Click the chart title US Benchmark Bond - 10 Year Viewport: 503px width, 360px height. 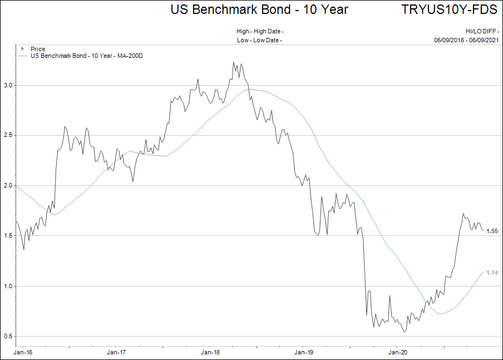[x=259, y=9]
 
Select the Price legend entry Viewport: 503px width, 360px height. [x=38, y=49]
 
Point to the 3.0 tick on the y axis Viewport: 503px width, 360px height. [x=8, y=85]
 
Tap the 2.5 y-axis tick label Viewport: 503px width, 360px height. [x=8, y=135]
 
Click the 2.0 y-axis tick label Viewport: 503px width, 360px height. [x=8, y=185]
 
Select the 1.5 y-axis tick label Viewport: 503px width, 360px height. [x=8, y=235]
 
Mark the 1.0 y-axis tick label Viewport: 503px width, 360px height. [x=8, y=286]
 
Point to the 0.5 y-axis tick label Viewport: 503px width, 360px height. [x=8, y=336]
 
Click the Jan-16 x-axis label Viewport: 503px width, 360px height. [x=23, y=352]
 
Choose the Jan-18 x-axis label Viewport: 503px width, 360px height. [x=210, y=352]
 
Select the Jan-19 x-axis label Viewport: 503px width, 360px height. [x=304, y=352]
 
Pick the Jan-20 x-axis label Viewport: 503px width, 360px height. [x=397, y=352]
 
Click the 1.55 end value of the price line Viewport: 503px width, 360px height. [x=492, y=231]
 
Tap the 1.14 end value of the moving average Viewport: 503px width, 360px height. [x=492, y=273]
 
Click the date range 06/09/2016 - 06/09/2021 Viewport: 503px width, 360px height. [x=466, y=40]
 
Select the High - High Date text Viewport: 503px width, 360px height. [x=260, y=31]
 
